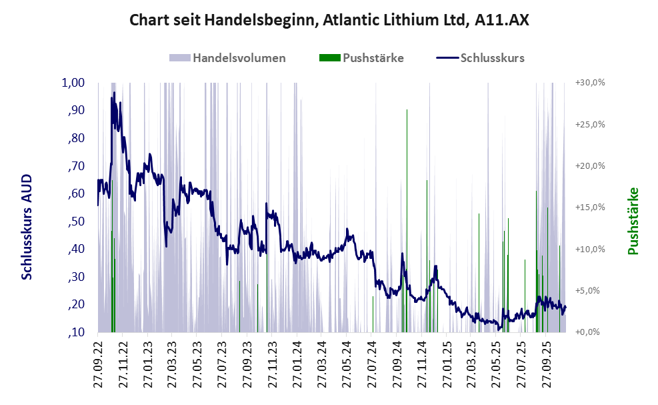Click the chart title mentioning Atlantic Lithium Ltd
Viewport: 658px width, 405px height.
329,21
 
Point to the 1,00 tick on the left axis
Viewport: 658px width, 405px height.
73,83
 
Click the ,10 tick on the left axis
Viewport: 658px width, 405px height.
75,332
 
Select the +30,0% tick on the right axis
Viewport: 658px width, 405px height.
589,83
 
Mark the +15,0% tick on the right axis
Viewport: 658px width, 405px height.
589,208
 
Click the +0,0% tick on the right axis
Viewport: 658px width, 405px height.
590,332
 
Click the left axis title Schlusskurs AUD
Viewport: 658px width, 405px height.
27,227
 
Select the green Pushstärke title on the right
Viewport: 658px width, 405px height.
633,221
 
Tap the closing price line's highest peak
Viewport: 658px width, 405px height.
113,91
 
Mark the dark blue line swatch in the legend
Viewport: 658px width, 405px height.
447,58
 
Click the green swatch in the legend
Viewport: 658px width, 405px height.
330,58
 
